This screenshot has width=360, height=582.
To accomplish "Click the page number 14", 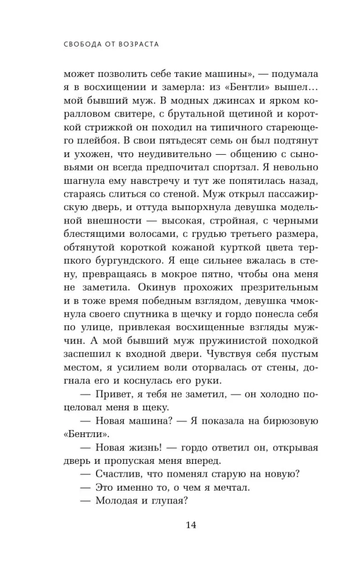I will (191, 526).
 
